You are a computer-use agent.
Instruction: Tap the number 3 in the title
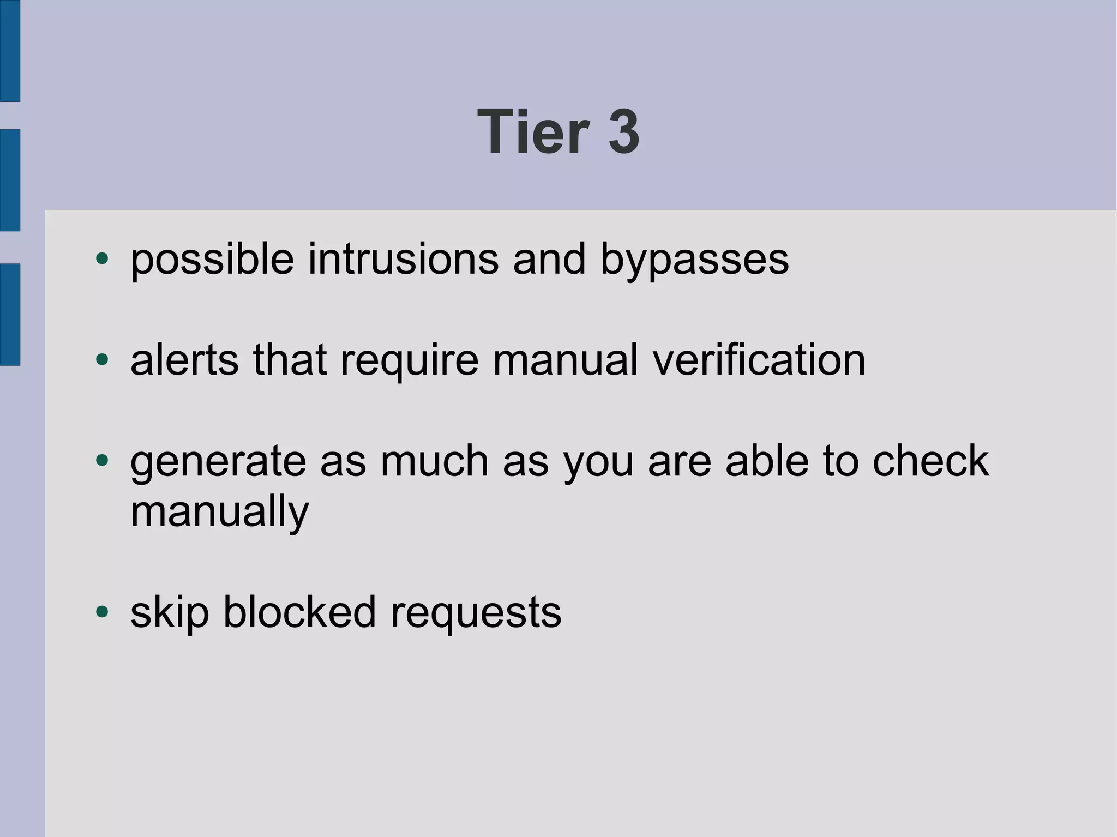624,132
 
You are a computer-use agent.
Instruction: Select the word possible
212,260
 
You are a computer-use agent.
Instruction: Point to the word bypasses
694,260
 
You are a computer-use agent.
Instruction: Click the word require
410,361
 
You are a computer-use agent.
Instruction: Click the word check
930,461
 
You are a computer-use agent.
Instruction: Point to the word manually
220,513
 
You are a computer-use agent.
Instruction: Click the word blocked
299,612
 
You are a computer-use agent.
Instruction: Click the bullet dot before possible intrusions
102,258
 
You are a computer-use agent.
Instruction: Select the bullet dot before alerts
102,359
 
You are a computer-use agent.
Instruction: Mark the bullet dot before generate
102,461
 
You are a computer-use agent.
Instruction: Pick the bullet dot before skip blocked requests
102,611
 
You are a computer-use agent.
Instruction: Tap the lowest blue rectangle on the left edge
10,314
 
